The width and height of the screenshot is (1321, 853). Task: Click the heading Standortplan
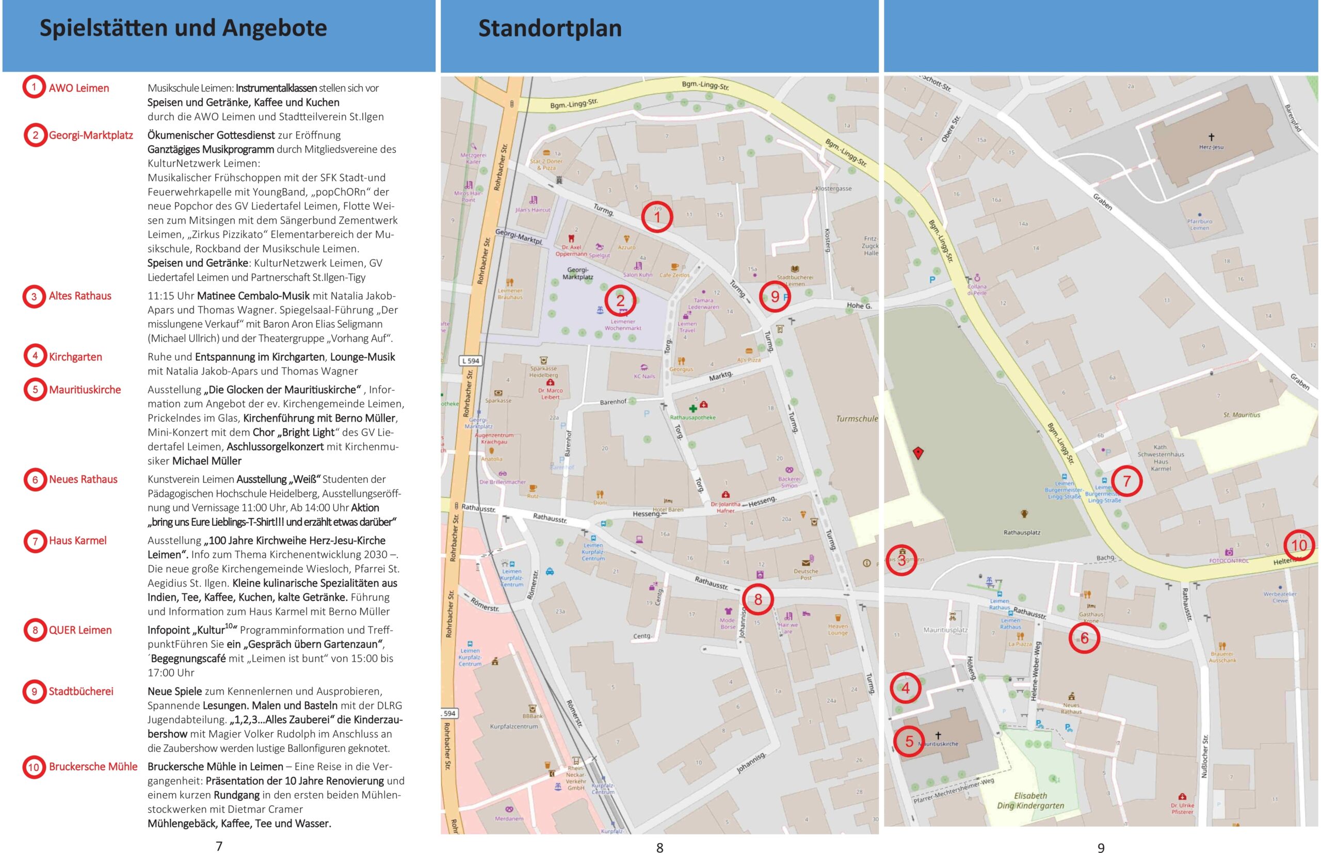click(x=550, y=28)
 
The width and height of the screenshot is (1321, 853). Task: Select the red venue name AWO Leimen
click(x=78, y=88)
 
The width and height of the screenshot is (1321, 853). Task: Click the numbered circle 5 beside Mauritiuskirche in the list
click(x=35, y=390)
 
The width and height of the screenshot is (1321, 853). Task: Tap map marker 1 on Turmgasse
click(x=657, y=217)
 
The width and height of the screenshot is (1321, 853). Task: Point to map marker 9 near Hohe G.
click(x=775, y=297)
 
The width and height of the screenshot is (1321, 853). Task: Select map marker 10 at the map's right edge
click(x=1299, y=545)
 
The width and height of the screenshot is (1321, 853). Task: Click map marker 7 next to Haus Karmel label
click(x=1126, y=481)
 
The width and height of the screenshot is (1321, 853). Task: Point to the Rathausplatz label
click(x=1021, y=533)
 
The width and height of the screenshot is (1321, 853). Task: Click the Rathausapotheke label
click(x=692, y=417)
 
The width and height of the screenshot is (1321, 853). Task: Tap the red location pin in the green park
click(x=918, y=453)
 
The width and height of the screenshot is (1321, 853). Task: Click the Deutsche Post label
click(x=806, y=574)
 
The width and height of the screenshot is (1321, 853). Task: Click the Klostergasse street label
click(x=833, y=188)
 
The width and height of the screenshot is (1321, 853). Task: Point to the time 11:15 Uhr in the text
click(x=171, y=296)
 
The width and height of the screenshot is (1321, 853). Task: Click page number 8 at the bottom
click(x=659, y=847)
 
